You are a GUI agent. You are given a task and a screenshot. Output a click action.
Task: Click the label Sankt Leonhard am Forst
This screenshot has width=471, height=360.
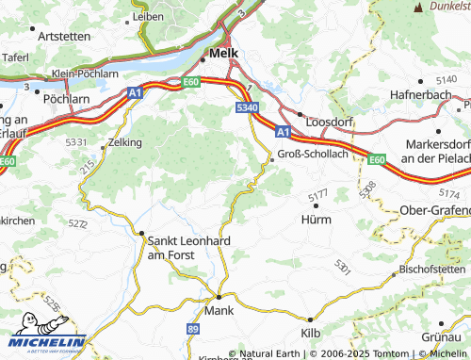[182, 247]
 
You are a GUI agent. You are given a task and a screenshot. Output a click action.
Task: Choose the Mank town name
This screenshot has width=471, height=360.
[218, 308]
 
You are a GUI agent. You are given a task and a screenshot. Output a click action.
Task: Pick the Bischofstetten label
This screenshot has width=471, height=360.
[432, 269]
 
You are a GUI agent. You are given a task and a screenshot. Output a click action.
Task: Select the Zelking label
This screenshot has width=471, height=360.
[125, 142]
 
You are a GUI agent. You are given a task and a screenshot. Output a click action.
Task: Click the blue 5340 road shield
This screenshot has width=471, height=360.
[247, 109]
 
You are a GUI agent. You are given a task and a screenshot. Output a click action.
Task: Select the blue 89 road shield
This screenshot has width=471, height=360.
[192, 328]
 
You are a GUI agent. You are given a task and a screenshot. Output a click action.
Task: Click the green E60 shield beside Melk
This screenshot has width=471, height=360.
[191, 84]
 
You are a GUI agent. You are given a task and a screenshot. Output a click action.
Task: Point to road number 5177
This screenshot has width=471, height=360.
[318, 195]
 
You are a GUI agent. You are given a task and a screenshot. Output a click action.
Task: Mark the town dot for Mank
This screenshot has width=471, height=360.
[219, 296]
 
